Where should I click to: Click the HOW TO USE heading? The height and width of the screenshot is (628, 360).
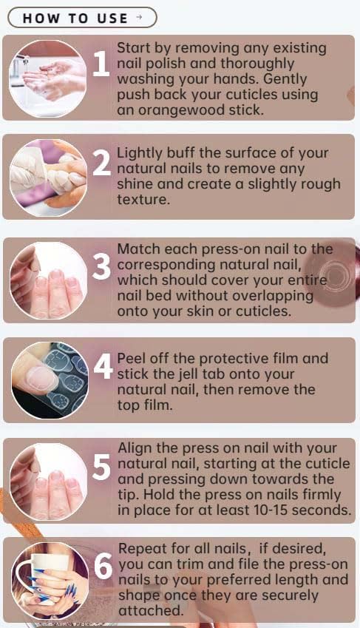click(x=75, y=18)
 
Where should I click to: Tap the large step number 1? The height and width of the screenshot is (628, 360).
click(x=101, y=65)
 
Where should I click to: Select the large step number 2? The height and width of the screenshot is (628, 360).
click(x=102, y=163)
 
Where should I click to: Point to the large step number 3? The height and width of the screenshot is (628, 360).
click(x=102, y=267)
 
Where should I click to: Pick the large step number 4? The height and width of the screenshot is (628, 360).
click(x=102, y=368)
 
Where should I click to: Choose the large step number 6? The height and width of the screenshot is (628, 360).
click(x=102, y=567)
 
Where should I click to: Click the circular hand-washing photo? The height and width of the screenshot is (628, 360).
click(x=48, y=78)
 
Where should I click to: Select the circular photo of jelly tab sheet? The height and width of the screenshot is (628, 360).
click(x=48, y=381)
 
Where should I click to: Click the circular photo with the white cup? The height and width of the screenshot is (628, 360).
click(x=48, y=581)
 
